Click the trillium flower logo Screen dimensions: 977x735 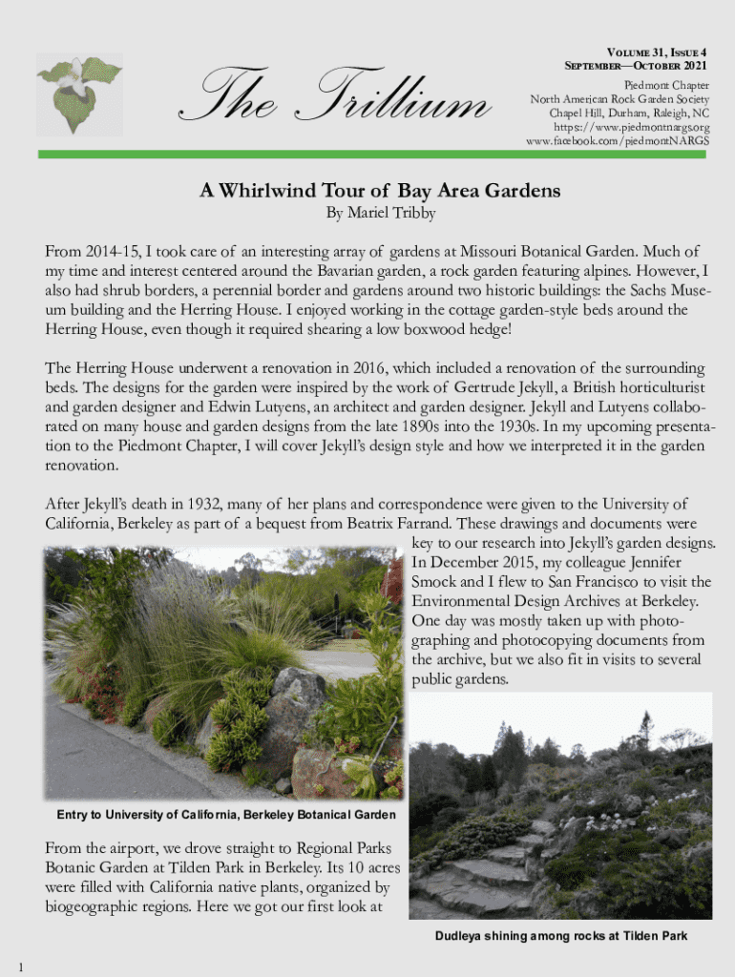[78, 93]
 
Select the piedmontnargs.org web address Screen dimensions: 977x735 [632, 127]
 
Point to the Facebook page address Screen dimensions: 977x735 [618, 141]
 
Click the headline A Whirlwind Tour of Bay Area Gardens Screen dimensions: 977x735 [380, 191]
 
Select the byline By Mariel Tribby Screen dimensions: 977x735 [380, 214]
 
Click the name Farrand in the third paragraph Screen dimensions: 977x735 [424, 523]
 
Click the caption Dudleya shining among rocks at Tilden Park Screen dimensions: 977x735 [561, 936]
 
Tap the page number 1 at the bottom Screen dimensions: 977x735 [20, 968]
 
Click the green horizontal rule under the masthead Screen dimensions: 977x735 [373, 154]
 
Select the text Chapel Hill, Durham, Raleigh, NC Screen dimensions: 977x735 [629, 113]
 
